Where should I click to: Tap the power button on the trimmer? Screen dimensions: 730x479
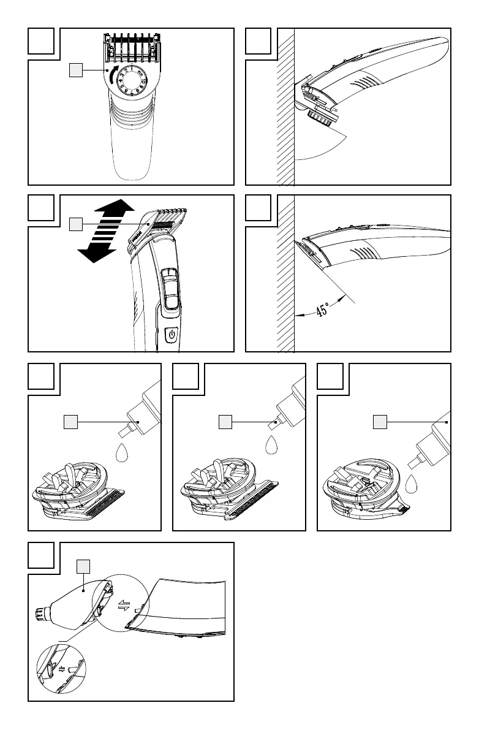[x=172, y=336]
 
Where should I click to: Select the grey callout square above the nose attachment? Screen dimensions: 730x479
[x=83, y=566]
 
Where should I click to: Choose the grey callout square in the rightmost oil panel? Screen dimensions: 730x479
[x=381, y=422]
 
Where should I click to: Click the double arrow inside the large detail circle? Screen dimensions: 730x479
[x=124, y=606]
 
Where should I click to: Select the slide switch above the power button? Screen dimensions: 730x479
[x=170, y=288]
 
